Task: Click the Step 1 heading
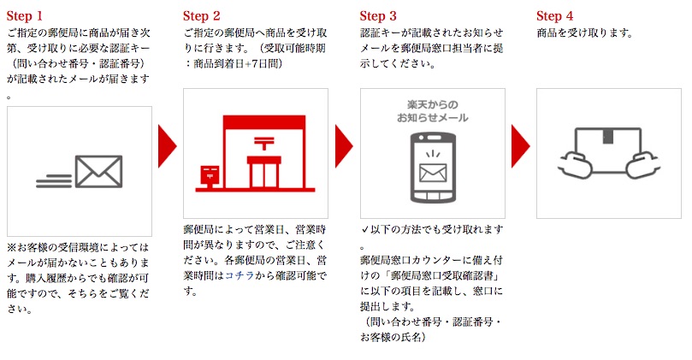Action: point(24,16)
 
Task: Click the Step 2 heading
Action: point(201,16)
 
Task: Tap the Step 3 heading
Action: point(378,16)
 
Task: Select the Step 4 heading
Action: point(555,16)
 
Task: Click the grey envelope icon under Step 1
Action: point(98,172)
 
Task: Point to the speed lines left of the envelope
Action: point(54,181)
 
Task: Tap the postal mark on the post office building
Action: point(264,143)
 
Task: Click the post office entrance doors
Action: point(264,174)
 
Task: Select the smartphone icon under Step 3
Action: point(433,168)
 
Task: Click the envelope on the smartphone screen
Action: point(433,173)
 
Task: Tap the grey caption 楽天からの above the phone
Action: point(433,105)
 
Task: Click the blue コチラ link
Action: point(240,275)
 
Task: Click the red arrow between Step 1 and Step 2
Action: point(167,146)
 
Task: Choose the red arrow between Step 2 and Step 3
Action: point(343,146)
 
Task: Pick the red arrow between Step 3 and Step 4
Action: point(520,146)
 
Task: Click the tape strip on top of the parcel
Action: point(608,136)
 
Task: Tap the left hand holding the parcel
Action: point(576,164)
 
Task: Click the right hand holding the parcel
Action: point(642,164)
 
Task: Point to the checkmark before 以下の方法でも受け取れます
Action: point(364,229)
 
